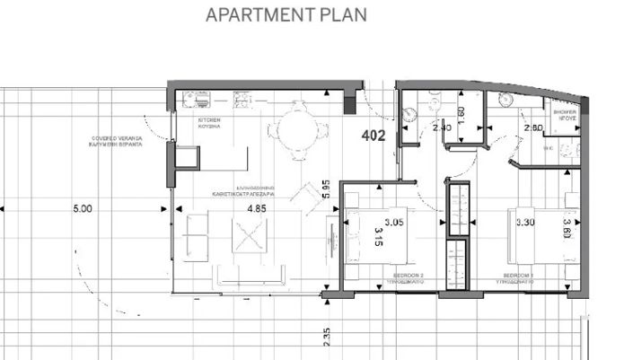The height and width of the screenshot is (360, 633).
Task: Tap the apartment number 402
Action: (374, 136)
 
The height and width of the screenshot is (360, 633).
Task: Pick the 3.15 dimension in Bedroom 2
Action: (378, 238)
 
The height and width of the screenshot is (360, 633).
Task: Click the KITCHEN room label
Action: (209, 122)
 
